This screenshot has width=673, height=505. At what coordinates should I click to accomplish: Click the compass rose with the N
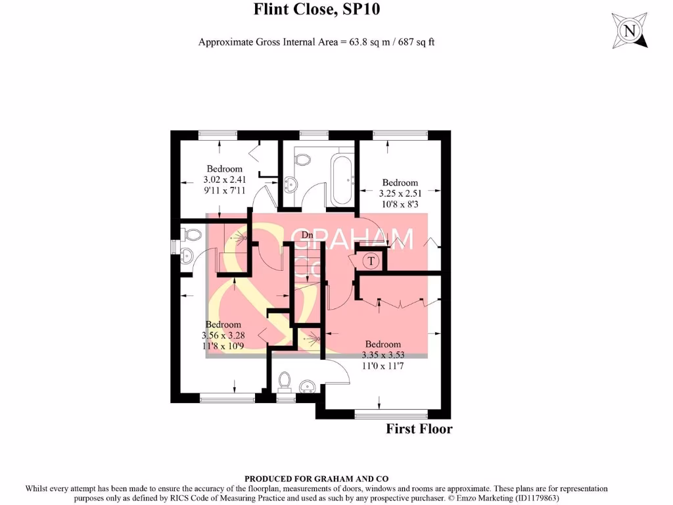[x=630, y=30]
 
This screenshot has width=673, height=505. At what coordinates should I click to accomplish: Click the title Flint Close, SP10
[x=317, y=9]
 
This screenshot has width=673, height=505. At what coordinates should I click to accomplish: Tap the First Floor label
[x=419, y=429]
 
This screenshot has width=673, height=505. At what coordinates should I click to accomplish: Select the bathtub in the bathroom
[x=342, y=180]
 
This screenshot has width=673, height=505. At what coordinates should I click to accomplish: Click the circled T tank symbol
[x=371, y=260]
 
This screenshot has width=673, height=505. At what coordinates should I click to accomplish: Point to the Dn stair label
[x=307, y=235]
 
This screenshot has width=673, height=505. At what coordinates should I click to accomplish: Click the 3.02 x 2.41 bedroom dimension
[x=225, y=180]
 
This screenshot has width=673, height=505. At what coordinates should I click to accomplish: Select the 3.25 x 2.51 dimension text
[x=400, y=193]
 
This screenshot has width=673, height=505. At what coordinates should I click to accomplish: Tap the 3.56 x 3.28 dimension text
[x=223, y=335]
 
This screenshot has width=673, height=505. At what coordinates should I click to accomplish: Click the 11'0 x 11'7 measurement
[x=383, y=366]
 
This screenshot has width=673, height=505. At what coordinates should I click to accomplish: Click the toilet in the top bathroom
[x=303, y=159]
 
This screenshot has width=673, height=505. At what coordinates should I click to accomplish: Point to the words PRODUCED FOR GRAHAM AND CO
[x=316, y=479]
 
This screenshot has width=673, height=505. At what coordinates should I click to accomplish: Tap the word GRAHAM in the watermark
[x=352, y=239]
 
